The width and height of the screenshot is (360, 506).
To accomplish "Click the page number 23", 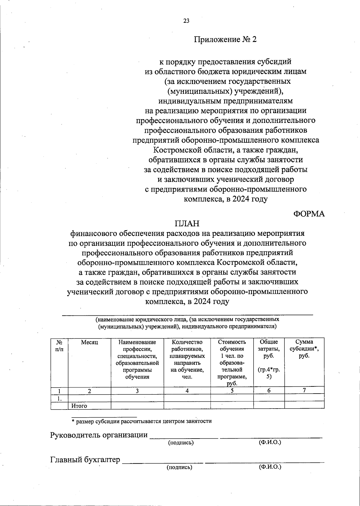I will pos(186,21).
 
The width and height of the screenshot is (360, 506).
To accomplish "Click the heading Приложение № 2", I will pos(225,40).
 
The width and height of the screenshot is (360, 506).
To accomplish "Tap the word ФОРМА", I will pos(309,214).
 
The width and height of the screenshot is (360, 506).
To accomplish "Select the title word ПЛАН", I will pos(187,224).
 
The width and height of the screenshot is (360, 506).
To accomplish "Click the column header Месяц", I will pos(89,342).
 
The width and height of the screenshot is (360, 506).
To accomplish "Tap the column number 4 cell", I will pos(187,391).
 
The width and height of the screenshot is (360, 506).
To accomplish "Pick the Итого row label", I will pos(79,406).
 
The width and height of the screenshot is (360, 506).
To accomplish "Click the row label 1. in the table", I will pos(60,398).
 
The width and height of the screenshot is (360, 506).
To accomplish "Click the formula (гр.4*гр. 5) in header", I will pos(269,373).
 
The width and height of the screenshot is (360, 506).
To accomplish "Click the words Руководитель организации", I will pos(99,435).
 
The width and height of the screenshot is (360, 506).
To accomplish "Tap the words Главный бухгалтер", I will pos(85,460).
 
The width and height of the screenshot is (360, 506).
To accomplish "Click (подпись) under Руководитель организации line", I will pos(181,442).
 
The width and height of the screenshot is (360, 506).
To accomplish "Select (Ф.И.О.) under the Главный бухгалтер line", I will pos(270,467).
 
